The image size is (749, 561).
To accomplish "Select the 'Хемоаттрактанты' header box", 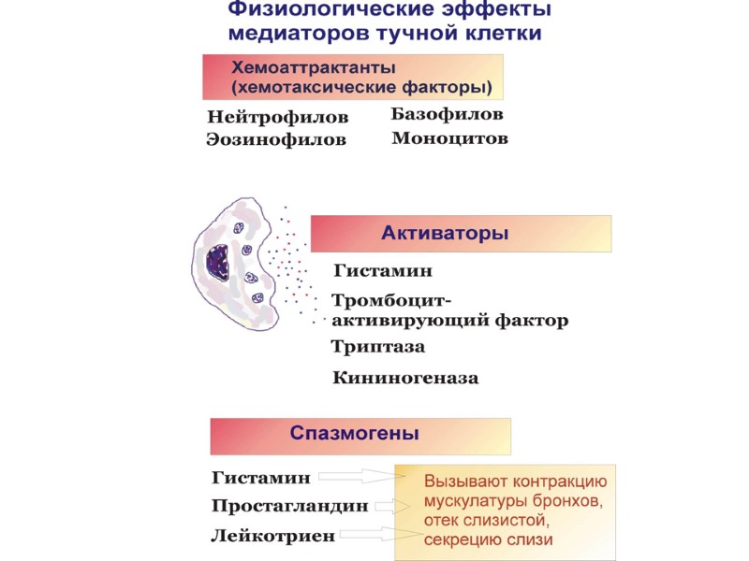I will [x=353, y=78].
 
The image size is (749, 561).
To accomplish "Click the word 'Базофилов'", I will [x=447, y=115].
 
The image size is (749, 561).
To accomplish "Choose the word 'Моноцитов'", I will [x=449, y=138].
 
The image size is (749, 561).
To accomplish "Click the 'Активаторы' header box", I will [x=461, y=234].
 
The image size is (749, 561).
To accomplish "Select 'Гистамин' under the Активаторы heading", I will [x=382, y=271].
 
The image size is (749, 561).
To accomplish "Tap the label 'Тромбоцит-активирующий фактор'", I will [x=449, y=311].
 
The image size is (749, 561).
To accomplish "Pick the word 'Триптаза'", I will [x=377, y=347].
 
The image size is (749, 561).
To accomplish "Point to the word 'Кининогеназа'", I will [x=405, y=379].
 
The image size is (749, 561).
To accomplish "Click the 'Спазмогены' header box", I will [x=360, y=436].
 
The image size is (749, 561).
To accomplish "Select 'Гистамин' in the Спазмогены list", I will [x=260, y=478].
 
